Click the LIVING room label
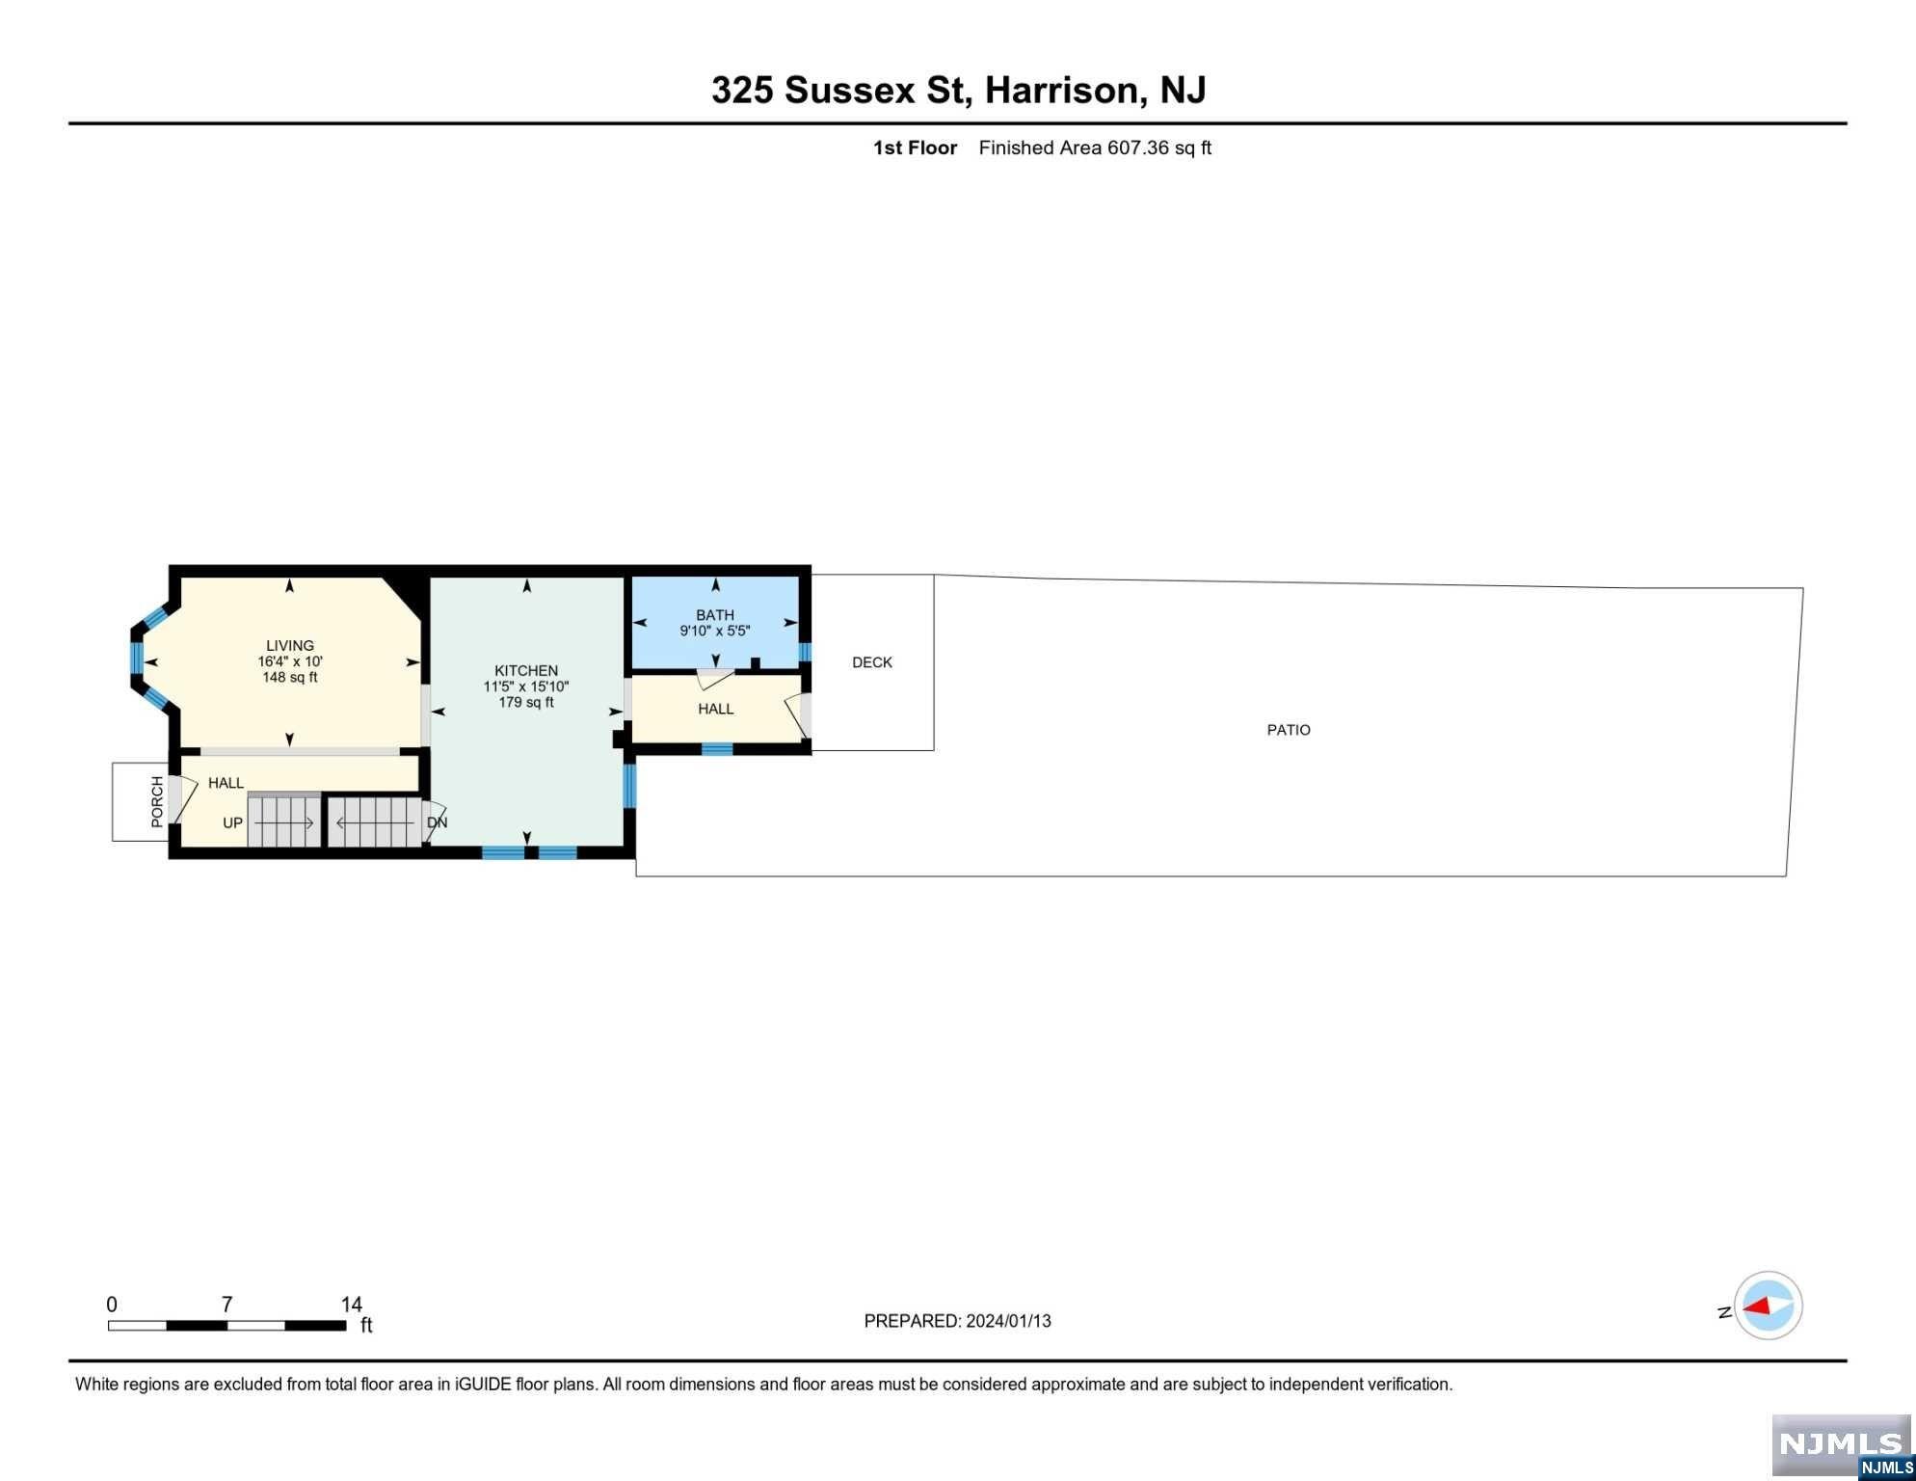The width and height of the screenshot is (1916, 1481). [x=290, y=646]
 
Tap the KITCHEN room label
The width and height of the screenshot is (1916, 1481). [x=526, y=671]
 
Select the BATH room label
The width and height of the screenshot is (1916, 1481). [x=715, y=615]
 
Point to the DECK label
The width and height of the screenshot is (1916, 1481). [x=872, y=662]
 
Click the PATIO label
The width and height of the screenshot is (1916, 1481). [x=1289, y=730]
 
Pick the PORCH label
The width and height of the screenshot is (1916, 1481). [x=157, y=801]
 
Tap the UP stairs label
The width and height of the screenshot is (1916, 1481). [x=232, y=823]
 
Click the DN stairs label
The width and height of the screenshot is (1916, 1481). [x=438, y=823]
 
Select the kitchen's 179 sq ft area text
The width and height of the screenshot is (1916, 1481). [x=526, y=702]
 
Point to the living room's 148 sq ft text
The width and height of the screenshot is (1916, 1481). [x=290, y=677]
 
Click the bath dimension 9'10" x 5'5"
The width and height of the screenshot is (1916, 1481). [x=715, y=631]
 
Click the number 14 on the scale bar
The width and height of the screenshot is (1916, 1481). [x=352, y=1305]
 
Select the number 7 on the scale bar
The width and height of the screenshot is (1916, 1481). [x=227, y=1305]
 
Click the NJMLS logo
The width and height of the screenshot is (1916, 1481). [x=1842, y=1446]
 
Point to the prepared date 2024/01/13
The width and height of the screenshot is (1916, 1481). [x=1008, y=1321]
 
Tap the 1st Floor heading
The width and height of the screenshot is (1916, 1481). [x=915, y=148]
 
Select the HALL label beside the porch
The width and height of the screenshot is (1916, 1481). [x=226, y=783]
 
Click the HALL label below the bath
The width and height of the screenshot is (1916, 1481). [x=716, y=709]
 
